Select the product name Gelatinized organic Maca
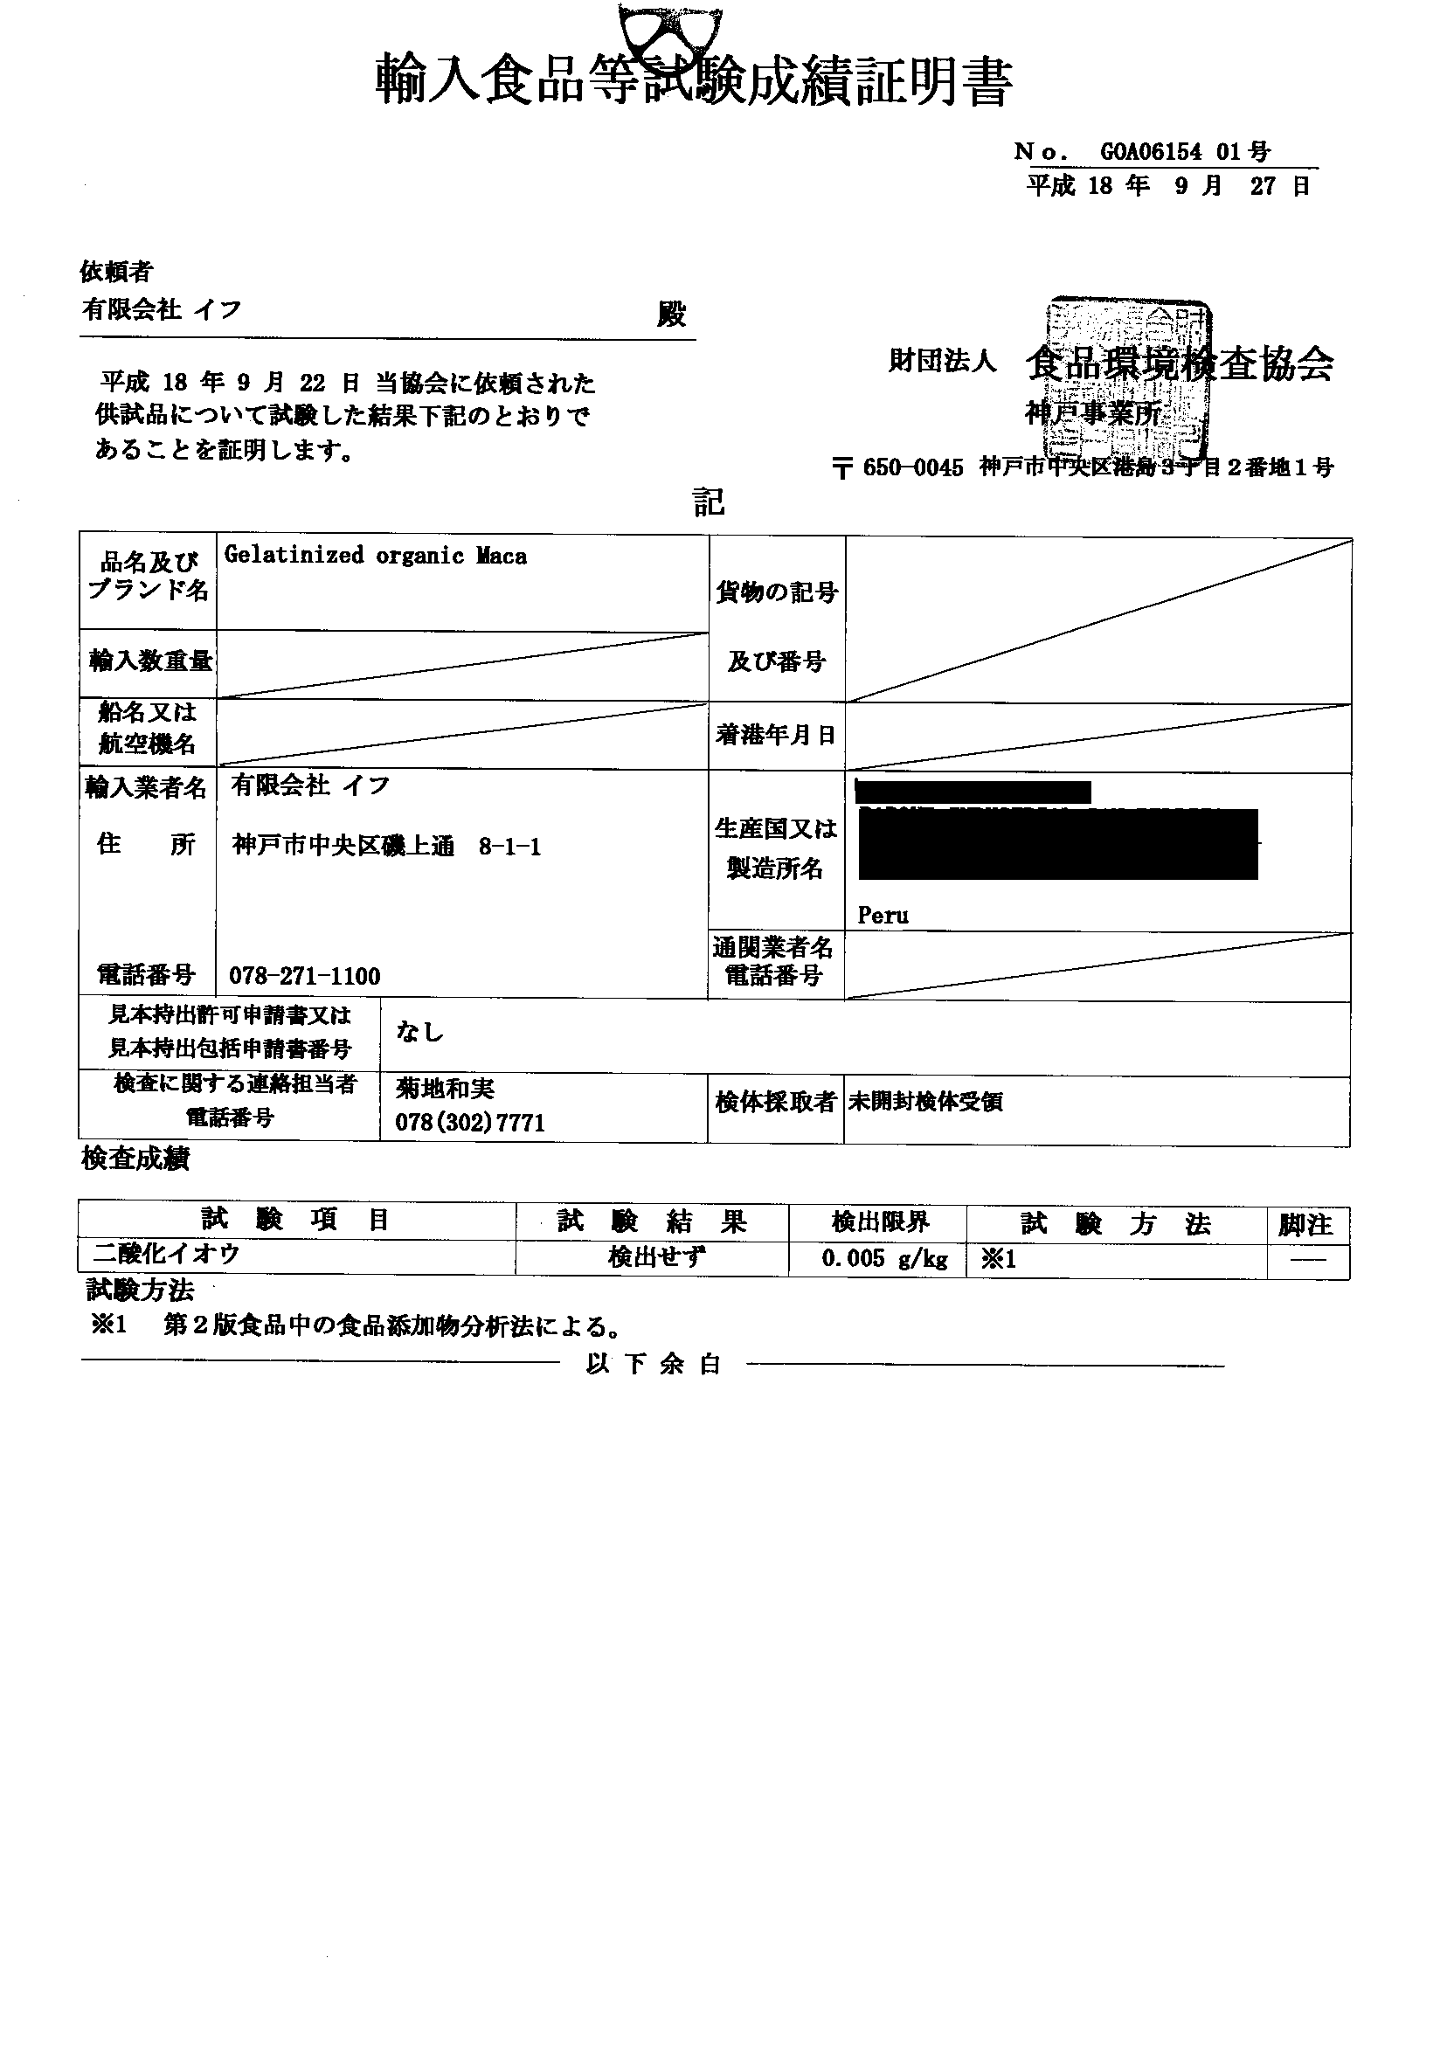[x=375, y=556]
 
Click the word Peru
[x=883, y=916]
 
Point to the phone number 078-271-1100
[x=304, y=976]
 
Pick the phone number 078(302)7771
[x=470, y=1123]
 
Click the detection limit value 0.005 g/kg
[x=884, y=1259]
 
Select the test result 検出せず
[x=656, y=1257]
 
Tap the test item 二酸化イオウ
[x=167, y=1255]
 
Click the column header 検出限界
[x=880, y=1221]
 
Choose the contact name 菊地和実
[x=445, y=1089]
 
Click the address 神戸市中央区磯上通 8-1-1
[x=387, y=847]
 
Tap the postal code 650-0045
[x=912, y=468]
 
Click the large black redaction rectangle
[x=1057, y=844]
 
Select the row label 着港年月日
[x=775, y=736]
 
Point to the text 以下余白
[x=654, y=1364]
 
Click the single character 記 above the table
[x=707, y=502]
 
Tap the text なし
[x=420, y=1032]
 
